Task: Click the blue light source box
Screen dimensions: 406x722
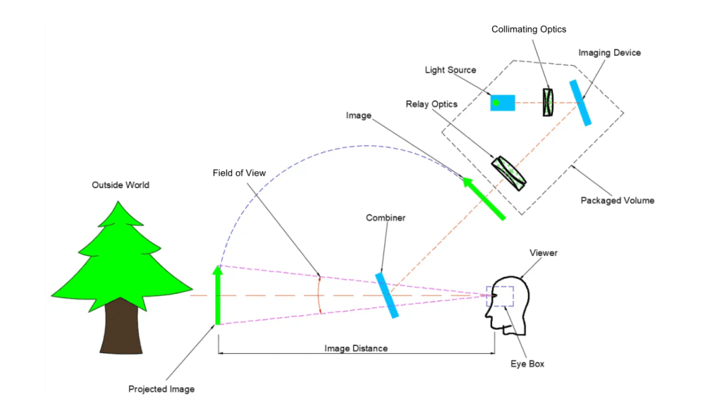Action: click(x=503, y=103)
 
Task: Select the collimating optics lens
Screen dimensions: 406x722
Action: click(x=549, y=103)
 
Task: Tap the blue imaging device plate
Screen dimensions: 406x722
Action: click(x=580, y=103)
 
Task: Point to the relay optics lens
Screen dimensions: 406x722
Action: click(x=509, y=173)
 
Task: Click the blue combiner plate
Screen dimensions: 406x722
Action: click(x=387, y=295)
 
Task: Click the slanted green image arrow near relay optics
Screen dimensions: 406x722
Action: click(x=484, y=199)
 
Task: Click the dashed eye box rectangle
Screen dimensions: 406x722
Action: click(x=504, y=296)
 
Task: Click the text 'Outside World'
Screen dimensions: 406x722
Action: click(x=121, y=185)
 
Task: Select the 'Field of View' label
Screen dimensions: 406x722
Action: click(x=240, y=173)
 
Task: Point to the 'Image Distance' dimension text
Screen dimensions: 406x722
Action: click(x=356, y=348)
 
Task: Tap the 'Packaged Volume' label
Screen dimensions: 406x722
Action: click(x=617, y=201)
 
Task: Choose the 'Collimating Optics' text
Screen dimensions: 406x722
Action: click(x=529, y=30)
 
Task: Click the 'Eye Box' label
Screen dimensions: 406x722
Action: click(x=527, y=364)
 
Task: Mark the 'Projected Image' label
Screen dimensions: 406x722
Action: click(x=161, y=389)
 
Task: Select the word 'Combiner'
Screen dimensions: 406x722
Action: click(x=386, y=218)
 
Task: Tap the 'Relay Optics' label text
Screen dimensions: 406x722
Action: click(x=432, y=104)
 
